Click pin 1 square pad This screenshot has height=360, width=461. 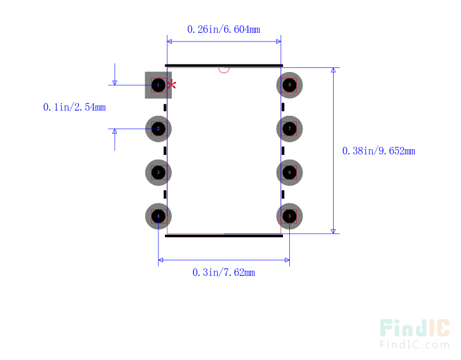coord(158,85)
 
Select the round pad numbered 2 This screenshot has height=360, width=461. coord(158,129)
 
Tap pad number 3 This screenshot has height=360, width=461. coord(158,172)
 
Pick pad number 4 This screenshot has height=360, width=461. coord(158,216)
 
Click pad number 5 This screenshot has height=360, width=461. coord(289,216)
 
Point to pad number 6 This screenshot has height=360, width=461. coord(289,172)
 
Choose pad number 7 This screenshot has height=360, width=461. coord(289,129)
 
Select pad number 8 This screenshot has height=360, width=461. coord(289,85)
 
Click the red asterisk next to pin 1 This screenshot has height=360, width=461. coord(172,85)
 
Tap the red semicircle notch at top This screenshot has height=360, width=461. coord(224,70)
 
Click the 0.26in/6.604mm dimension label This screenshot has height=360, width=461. coord(224,29)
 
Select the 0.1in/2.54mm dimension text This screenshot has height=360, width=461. coord(74,107)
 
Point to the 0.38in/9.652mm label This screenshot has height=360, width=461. coord(379,151)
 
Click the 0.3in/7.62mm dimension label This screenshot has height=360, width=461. coord(224,272)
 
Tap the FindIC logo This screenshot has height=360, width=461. coord(414,328)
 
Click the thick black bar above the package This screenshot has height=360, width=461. coord(224,66)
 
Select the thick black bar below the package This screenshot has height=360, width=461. coord(224,235)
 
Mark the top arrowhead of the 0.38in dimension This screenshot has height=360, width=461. coord(333,71)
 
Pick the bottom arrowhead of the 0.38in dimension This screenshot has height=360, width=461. coord(333,230)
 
